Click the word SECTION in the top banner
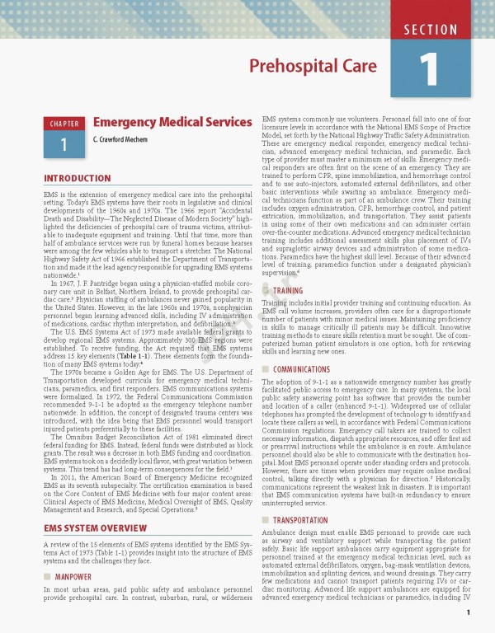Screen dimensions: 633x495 click(x=431, y=30)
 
